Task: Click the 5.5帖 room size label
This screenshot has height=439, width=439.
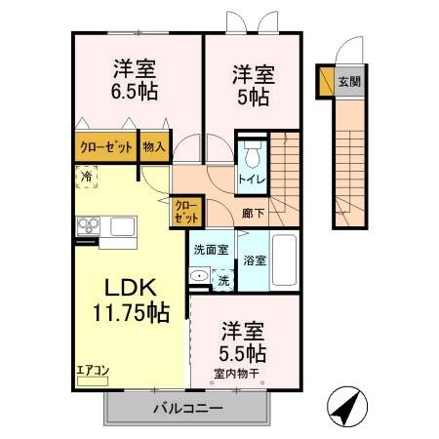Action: [x=243, y=350]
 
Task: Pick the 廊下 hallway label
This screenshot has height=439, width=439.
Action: [x=253, y=211]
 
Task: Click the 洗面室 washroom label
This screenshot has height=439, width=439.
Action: [x=210, y=250]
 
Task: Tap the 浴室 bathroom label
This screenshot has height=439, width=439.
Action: [x=254, y=261]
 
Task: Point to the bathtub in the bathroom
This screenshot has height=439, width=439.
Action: [x=284, y=259]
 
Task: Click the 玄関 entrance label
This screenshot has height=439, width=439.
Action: [x=348, y=82]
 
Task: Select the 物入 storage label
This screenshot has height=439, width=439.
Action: [x=154, y=147]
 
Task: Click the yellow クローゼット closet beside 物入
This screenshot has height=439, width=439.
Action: [x=105, y=147]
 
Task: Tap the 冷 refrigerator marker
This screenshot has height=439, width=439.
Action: [x=88, y=177]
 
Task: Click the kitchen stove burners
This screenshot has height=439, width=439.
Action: [x=88, y=227]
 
